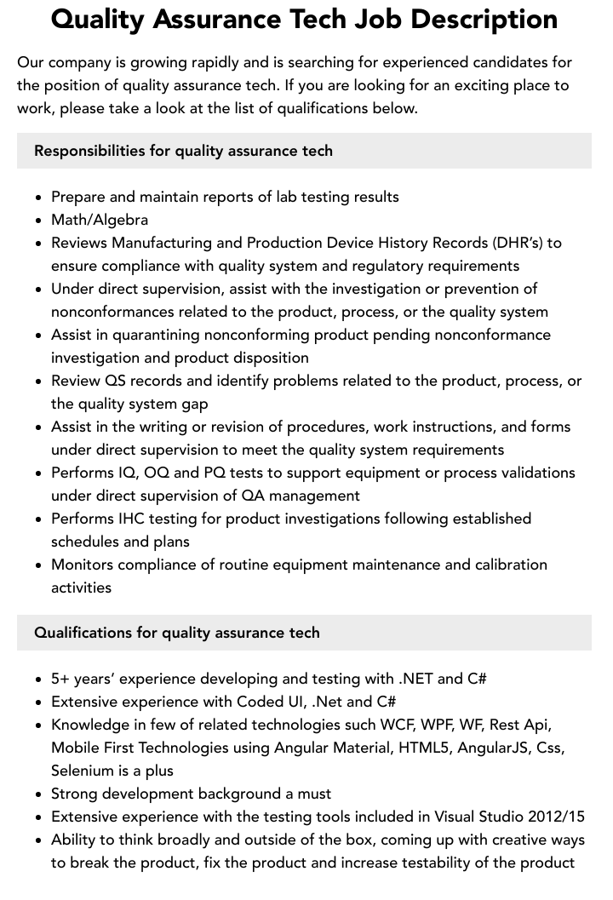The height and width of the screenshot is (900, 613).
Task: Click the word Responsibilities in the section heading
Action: click(89, 151)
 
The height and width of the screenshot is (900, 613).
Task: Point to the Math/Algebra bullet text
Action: click(100, 220)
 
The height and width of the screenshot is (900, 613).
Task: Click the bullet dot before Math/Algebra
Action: click(38, 221)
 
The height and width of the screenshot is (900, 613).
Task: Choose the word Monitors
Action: click(85, 565)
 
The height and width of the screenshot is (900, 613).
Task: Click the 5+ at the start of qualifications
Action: click(60, 679)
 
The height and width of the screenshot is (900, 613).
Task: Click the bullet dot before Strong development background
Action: click(38, 794)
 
